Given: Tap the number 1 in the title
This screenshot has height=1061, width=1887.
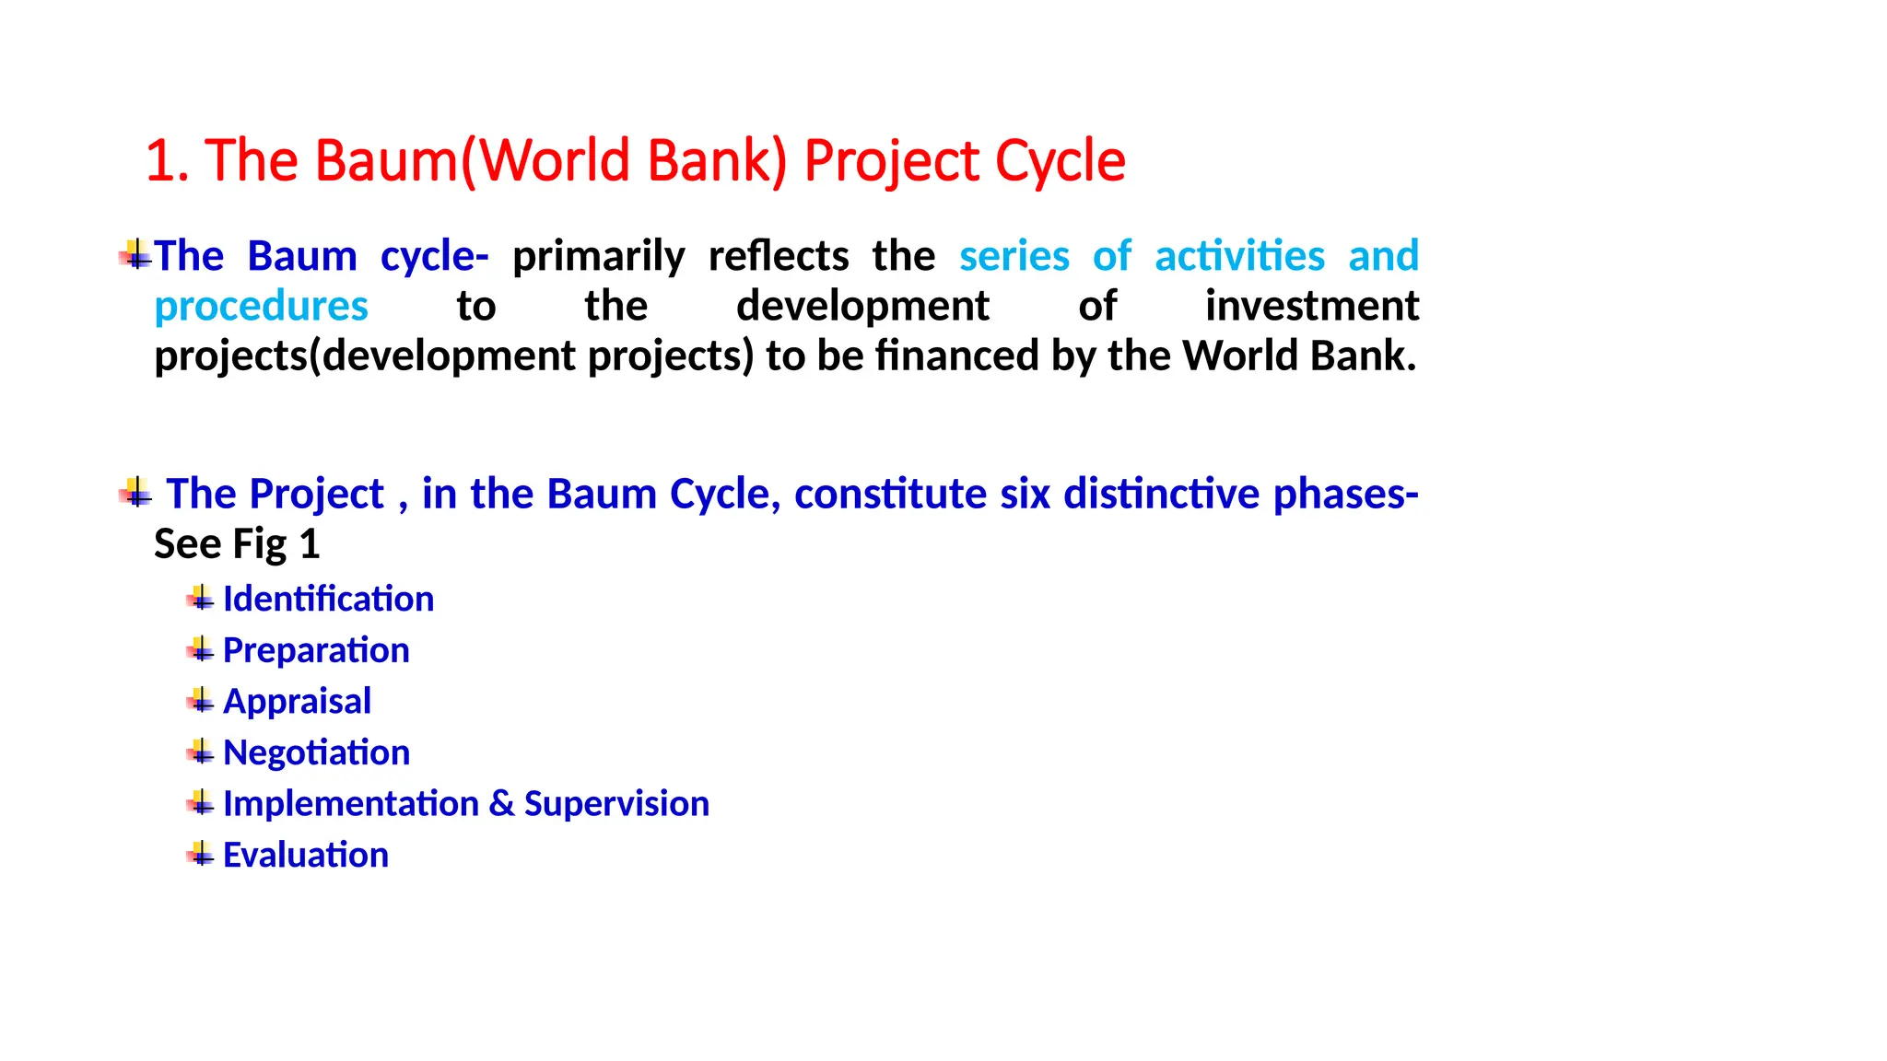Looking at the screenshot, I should click(x=159, y=162).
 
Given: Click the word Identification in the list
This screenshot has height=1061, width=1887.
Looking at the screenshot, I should click(x=328, y=600).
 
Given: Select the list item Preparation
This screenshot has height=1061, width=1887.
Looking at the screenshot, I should click(x=316, y=651).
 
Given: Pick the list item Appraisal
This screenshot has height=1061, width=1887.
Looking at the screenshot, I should click(x=297, y=702).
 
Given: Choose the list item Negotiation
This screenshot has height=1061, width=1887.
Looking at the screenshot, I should click(x=316, y=753).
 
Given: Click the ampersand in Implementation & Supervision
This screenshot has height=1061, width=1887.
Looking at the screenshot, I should click(x=501, y=804).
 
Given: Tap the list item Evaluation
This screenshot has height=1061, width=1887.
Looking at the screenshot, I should click(x=305, y=856).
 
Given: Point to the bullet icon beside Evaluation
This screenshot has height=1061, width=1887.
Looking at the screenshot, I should click(x=200, y=855).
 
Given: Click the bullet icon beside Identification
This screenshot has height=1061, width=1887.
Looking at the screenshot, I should click(x=200, y=599).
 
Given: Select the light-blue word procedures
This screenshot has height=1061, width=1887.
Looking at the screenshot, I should click(x=261, y=307).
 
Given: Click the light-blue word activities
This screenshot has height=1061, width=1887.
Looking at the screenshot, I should click(x=1239, y=256).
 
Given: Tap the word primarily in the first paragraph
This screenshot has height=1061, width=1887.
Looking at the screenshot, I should click(x=598, y=257).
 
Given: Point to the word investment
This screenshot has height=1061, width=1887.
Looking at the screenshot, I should click(x=1311, y=307).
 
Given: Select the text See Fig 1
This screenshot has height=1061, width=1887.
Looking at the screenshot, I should click(x=237, y=544).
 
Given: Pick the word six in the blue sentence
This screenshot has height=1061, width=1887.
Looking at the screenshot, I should click(x=1025, y=495).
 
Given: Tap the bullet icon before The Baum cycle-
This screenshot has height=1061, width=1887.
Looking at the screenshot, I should click(x=135, y=254).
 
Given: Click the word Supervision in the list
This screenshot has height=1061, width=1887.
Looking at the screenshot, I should click(x=616, y=804).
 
